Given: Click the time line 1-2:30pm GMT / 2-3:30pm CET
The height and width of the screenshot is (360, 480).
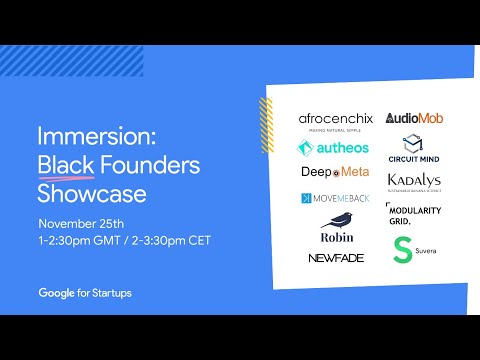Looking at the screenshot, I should (x=124, y=240).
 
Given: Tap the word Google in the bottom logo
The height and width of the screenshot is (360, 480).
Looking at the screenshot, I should (x=61, y=293).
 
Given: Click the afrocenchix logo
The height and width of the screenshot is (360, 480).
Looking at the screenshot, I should (x=335, y=119).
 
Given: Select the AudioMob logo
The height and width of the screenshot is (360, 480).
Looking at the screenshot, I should (x=414, y=118).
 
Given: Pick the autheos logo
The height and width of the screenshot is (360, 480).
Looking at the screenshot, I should (x=333, y=148).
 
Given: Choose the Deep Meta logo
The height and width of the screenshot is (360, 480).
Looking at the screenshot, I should (x=334, y=172).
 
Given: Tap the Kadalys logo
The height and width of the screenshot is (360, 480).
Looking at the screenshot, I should (x=413, y=182).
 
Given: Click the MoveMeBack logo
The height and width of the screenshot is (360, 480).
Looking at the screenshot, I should (x=335, y=198).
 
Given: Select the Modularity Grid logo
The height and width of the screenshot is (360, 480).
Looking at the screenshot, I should (x=413, y=214).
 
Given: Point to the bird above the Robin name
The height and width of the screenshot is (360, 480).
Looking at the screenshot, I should (x=335, y=219).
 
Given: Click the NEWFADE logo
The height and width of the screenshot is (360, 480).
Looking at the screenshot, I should (x=336, y=257).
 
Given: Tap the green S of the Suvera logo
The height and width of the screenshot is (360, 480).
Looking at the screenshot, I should (x=402, y=250).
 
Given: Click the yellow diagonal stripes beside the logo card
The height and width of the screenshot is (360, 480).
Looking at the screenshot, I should (x=266, y=120).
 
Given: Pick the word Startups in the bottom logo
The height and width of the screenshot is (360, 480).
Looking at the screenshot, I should (x=110, y=293).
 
